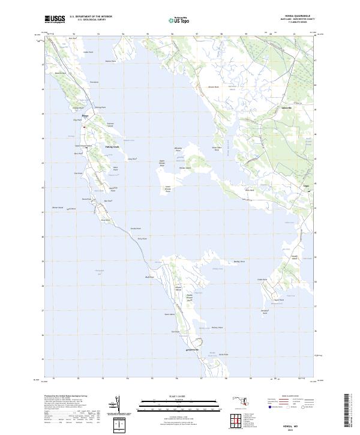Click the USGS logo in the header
55,19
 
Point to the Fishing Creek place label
112,146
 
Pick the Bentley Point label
239,262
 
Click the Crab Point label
261,280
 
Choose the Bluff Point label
151,277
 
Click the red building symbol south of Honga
85,127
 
